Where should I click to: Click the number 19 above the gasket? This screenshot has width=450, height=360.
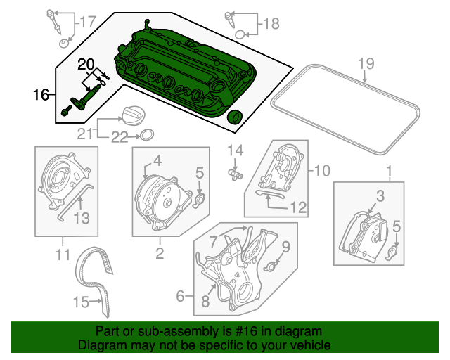(x=364, y=64)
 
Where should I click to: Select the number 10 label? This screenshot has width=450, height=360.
(x=321, y=169)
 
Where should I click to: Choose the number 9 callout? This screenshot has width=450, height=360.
(x=285, y=246)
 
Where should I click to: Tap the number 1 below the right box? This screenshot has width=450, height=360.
(x=388, y=171)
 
